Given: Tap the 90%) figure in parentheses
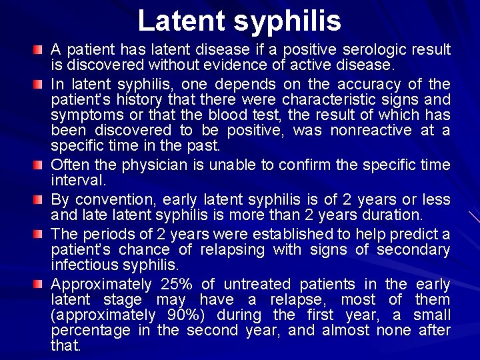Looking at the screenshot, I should pyautogui.click(x=175, y=315).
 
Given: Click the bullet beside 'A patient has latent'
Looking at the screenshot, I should pyautogui.click(x=41, y=51).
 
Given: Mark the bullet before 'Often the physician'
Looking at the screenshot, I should pyautogui.click(x=41, y=165).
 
